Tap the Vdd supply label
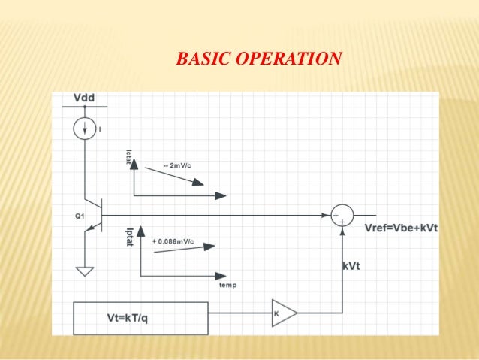point(84,98)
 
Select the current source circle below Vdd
point(85,129)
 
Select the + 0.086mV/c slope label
point(173,241)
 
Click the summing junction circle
point(342,215)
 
